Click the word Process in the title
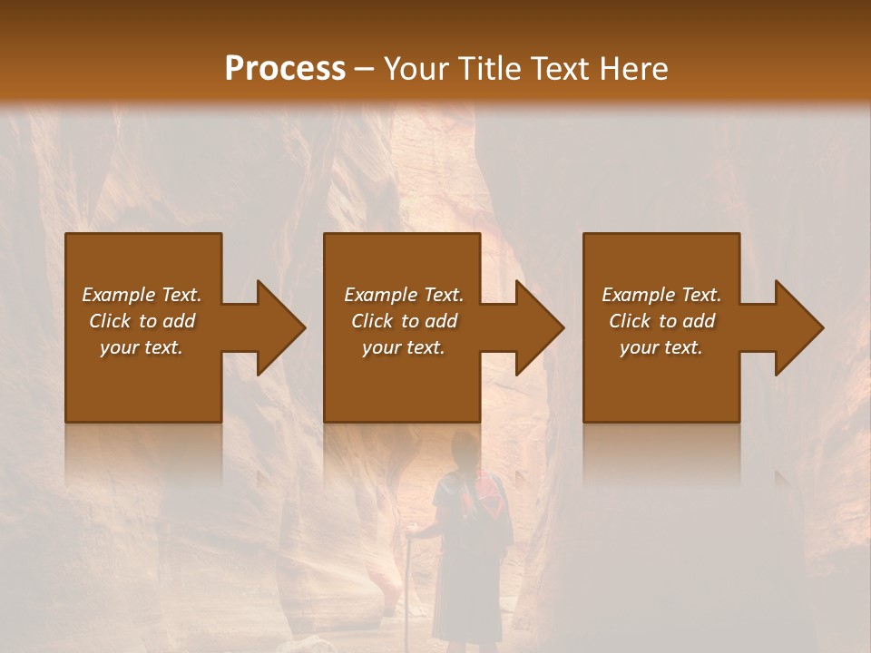click(x=285, y=69)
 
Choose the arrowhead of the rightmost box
click(x=798, y=327)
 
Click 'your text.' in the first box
click(x=142, y=347)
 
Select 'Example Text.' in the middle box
click(x=404, y=295)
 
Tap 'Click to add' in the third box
click(x=662, y=321)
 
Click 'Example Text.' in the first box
click(x=142, y=295)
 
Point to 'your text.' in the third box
click(x=661, y=347)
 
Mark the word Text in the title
click(x=558, y=69)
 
